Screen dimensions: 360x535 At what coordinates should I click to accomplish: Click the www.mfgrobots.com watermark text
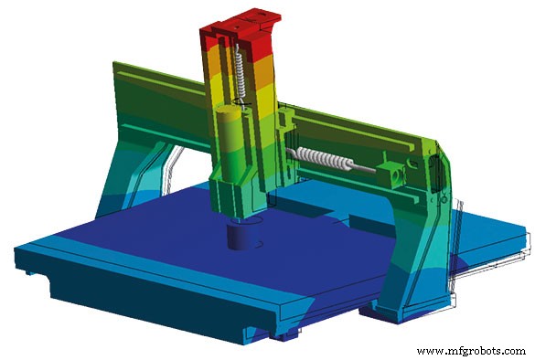pyautogui.click(x=471, y=351)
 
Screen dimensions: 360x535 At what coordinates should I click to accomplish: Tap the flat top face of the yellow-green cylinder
pyautogui.click(x=230, y=111)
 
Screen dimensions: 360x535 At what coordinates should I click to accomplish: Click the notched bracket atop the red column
pyautogui.click(x=240, y=15)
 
